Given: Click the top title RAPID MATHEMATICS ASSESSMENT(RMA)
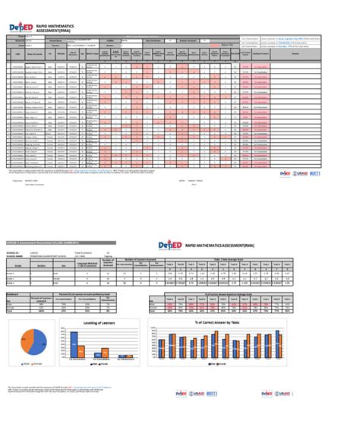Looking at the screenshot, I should tap(58, 27).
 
